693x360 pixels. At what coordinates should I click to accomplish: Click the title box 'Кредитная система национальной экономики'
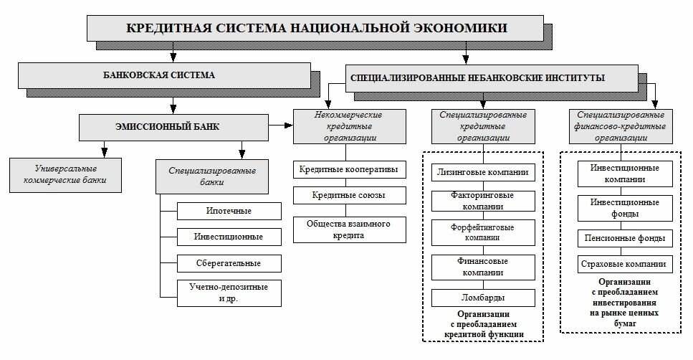click(x=316, y=29)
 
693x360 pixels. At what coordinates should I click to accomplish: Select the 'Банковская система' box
click(x=163, y=75)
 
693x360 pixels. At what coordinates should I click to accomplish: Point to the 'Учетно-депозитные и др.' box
click(x=229, y=293)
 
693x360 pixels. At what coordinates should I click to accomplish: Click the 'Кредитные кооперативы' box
click(x=349, y=170)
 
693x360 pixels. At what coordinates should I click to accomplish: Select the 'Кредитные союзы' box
click(x=349, y=195)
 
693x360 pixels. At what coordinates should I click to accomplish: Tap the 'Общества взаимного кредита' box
click(x=349, y=229)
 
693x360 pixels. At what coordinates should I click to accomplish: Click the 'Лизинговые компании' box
click(x=483, y=172)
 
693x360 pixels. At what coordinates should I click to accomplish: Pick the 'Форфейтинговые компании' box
click(x=483, y=232)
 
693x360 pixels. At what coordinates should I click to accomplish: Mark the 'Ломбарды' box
click(x=483, y=297)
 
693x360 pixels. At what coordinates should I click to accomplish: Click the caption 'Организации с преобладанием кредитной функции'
click(x=483, y=324)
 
